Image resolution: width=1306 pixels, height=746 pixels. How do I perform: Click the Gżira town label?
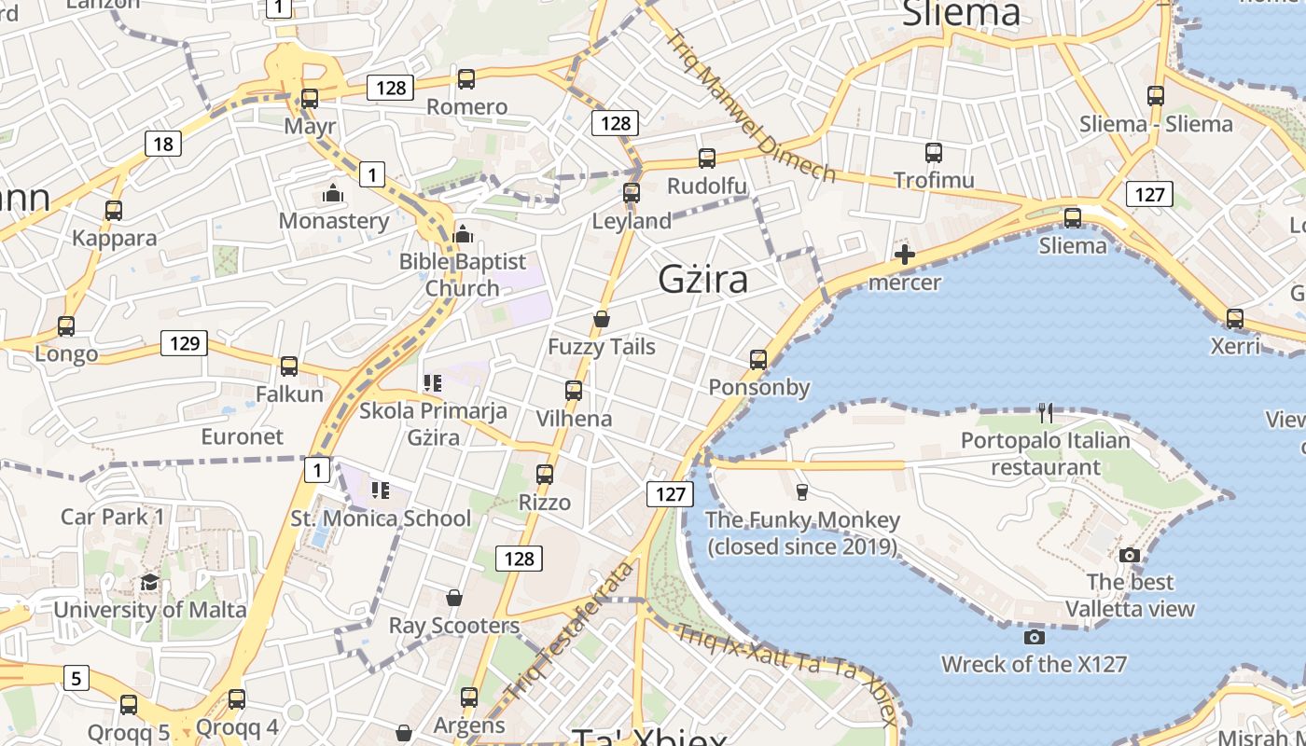(x=702, y=279)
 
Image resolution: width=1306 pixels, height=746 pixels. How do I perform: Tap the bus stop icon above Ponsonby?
(x=758, y=360)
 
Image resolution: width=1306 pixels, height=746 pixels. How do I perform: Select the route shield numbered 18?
(x=163, y=144)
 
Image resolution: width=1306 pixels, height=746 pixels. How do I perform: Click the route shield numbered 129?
(x=185, y=343)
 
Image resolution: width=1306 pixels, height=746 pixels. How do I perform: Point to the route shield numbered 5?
(x=76, y=677)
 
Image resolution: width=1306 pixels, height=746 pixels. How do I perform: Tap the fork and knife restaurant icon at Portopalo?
(x=1046, y=412)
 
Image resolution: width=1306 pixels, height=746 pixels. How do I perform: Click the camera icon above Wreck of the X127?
(x=1034, y=638)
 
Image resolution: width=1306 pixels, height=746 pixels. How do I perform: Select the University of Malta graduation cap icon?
(x=149, y=584)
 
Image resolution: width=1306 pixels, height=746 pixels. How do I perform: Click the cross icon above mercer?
(x=904, y=255)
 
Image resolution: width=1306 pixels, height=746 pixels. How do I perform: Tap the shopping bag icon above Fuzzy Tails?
(x=602, y=320)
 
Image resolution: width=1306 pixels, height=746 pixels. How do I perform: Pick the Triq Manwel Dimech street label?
(x=752, y=105)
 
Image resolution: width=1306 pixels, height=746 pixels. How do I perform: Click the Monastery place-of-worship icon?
(x=333, y=194)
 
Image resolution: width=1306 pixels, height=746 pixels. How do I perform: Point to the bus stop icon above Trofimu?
(x=934, y=153)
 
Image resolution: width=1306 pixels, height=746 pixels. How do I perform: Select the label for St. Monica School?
(x=382, y=518)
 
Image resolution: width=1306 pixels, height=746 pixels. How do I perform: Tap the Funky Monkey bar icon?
(x=801, y=492)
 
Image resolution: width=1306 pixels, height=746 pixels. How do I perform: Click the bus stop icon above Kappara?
(x=114, y=211)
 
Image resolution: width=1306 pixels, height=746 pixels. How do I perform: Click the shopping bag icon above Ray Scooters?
(x=453, y=598)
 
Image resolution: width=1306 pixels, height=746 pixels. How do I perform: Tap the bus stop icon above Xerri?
(x=1235, y=319)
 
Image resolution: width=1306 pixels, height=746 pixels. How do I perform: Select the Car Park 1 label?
(x=113, y=517)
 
